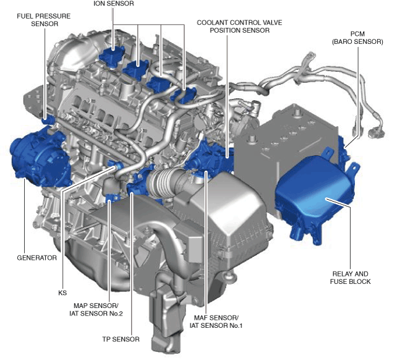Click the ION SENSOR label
(x=114, y=4)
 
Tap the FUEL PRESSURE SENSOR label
(x=44, y=20)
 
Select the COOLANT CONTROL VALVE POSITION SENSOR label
(x=239, y=27)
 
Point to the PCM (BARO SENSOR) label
(x=357, y=38)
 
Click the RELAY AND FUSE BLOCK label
(x=350, y=278)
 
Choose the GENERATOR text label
(x=36, y=258)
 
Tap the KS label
(x=62, y=293)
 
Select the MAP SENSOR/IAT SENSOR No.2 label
(x=96, y=309)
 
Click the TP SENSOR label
(x=121, y=339)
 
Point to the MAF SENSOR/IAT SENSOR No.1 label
(x=216, y=322)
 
